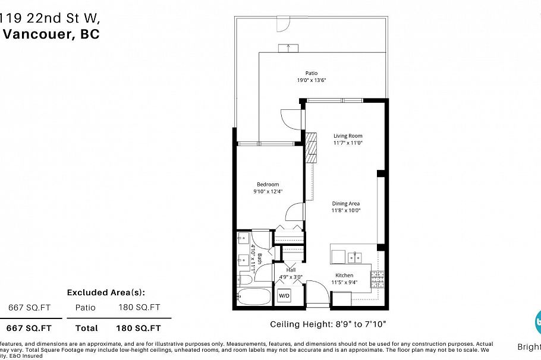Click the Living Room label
(348, 135)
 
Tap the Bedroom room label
(268, 184)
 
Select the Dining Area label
(346, 203)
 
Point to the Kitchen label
(344, 275)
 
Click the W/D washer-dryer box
(285, 295)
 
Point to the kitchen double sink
(355, 257)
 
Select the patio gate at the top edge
(284, 23)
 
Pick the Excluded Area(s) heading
(106, 292)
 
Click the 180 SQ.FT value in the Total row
(140, 328)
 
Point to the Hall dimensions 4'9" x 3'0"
(291, 276)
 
